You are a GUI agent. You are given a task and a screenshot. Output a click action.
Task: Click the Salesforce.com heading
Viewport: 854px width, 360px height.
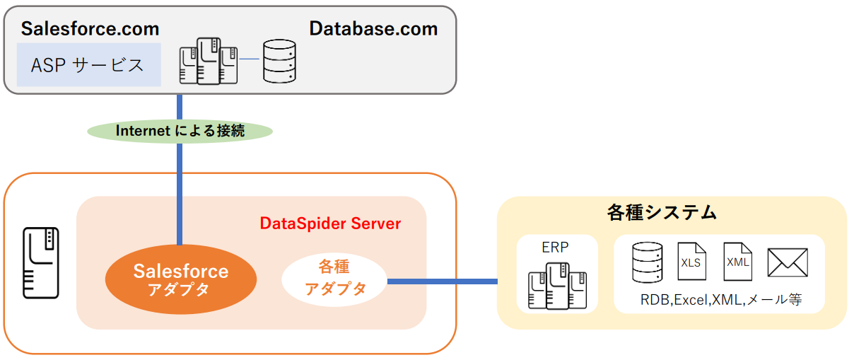click(x=90, y=29)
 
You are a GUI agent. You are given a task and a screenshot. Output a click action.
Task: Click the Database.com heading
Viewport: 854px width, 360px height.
click(x=373, y=29)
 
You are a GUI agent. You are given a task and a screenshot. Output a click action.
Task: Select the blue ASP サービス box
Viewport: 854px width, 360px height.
click(x=88, y=65)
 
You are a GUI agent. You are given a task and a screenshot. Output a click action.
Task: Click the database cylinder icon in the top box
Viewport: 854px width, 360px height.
click(x=279, y=61)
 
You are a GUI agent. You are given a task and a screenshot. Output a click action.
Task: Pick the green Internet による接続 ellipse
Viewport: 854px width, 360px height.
click(x=180, y=131)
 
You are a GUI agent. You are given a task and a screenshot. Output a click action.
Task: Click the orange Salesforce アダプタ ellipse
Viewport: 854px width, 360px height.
click(x=180, y=279)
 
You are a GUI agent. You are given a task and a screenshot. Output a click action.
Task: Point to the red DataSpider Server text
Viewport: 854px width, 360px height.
click(x=330, y=224)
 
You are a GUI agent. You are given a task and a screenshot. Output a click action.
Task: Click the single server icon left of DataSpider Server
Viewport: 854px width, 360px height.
click(x=40, y=262)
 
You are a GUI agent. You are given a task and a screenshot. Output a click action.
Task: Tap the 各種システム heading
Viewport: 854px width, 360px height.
click(x=662, y=212)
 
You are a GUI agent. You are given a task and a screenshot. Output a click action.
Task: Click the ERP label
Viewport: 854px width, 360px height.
click(x=556, y=248)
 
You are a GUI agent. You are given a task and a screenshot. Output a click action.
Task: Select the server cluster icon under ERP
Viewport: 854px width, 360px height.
click(x=557, y=285)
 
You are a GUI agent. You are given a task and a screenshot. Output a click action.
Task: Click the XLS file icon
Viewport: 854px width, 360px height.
click(x=691, y=262)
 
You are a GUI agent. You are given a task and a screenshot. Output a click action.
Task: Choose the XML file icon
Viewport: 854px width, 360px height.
click(x=738, y=262)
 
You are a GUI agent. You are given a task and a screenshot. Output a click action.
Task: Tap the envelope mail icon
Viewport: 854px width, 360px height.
click(x=787, y=262)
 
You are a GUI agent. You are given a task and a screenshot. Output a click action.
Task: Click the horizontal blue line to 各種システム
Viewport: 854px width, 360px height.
click(x=442, y=281)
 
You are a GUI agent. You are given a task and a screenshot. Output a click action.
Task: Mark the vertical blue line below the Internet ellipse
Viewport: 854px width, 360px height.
click(x=180, y=191)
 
